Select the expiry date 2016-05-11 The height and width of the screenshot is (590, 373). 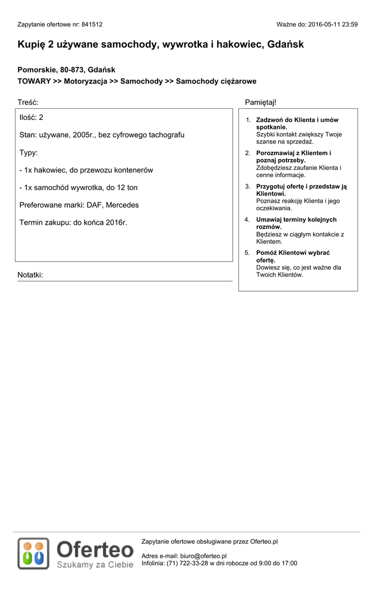pos(324,25)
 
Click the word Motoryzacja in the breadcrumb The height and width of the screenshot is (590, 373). pos(86,82)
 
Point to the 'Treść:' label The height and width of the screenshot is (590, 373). pos(28,102)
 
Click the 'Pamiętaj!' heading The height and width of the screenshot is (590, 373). pos(260,102)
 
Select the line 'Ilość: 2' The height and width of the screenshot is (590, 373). pos(31,118)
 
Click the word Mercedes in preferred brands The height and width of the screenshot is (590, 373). pos(122,205)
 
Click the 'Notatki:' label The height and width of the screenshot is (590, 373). pos(30,275)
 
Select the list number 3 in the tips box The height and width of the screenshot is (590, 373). pos(248,187)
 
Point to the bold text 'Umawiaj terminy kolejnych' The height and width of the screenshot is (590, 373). pos(296,220)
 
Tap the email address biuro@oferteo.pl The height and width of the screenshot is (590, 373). pos(203,556)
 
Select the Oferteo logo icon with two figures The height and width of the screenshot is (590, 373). pos(33,553)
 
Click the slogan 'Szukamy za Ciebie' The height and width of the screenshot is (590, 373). pos(95,565)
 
